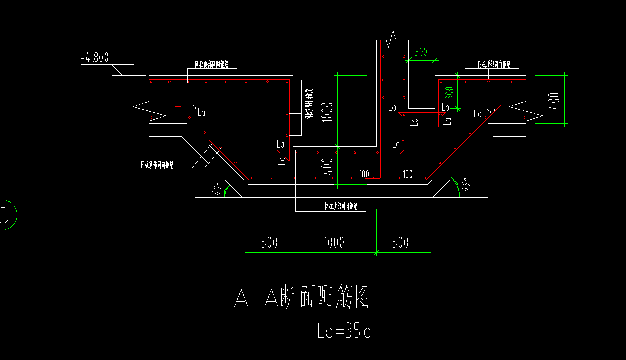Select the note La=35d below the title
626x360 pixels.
(x=344, y=332)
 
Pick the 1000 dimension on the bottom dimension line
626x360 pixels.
(x=334, y=242)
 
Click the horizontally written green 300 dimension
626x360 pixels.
(x=421, y=52)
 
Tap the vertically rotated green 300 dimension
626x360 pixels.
(x=450, y=93)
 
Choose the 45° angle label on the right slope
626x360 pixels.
(x=466, y=185)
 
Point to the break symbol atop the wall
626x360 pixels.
(x=392, y=36)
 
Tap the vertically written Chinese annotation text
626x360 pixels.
(x=309, y=105)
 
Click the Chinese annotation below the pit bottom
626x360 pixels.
(x=341, y=205)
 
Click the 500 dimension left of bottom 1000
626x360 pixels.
(x=269, y=242)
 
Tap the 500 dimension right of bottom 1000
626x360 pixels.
(x=400, y=242)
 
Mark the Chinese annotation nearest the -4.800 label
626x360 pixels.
(x=212, y=64)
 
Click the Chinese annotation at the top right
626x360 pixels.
(x=494, y=64)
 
